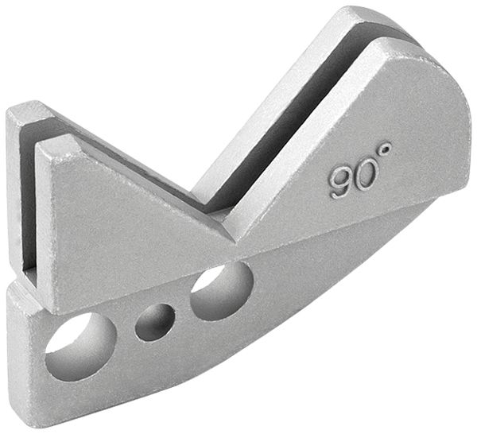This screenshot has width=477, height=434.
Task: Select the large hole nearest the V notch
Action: pos(222,291)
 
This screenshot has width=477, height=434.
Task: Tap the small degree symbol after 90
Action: pos(384,149)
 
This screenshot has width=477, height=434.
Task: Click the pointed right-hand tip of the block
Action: pos(469,163)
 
